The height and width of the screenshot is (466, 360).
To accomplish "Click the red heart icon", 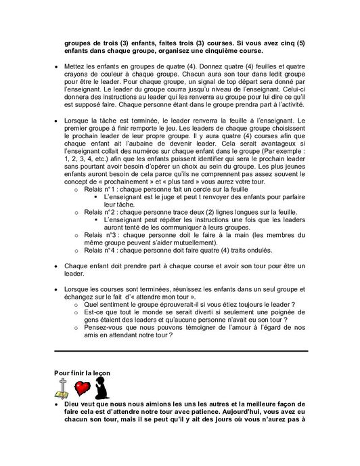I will pyautogui.click(x=83, y=388).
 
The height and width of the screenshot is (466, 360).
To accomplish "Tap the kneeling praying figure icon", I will pyautogui.click(x=103, y=388).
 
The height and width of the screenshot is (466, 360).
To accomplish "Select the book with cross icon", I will pyautogui.click(x=63, y=389).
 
